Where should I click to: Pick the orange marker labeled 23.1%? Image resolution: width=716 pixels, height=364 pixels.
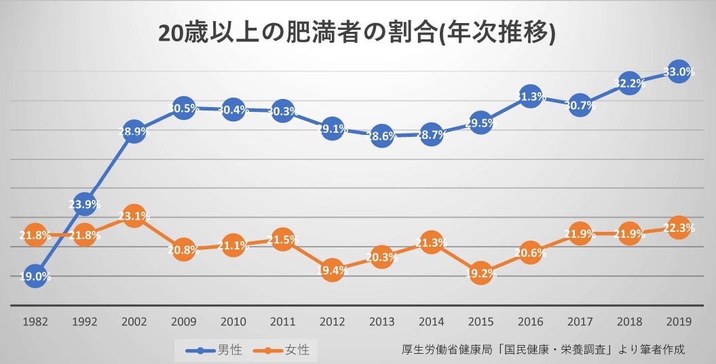[x=134, y=216]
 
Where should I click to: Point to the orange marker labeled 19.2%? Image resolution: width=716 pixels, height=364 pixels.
[x=481, y=273]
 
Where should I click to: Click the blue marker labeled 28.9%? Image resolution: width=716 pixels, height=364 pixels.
[x=134, y=132]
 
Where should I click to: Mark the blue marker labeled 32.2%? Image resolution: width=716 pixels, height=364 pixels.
[x=629, y=83]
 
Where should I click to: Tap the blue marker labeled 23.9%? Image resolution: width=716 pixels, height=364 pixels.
[x=84, y=203]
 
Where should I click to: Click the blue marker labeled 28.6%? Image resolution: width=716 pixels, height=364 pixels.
[x=381, y=136]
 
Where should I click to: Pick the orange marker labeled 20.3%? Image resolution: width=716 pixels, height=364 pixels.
[x=381, y=257]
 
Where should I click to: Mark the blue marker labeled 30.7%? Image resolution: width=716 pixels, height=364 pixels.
[x=580, y=105]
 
